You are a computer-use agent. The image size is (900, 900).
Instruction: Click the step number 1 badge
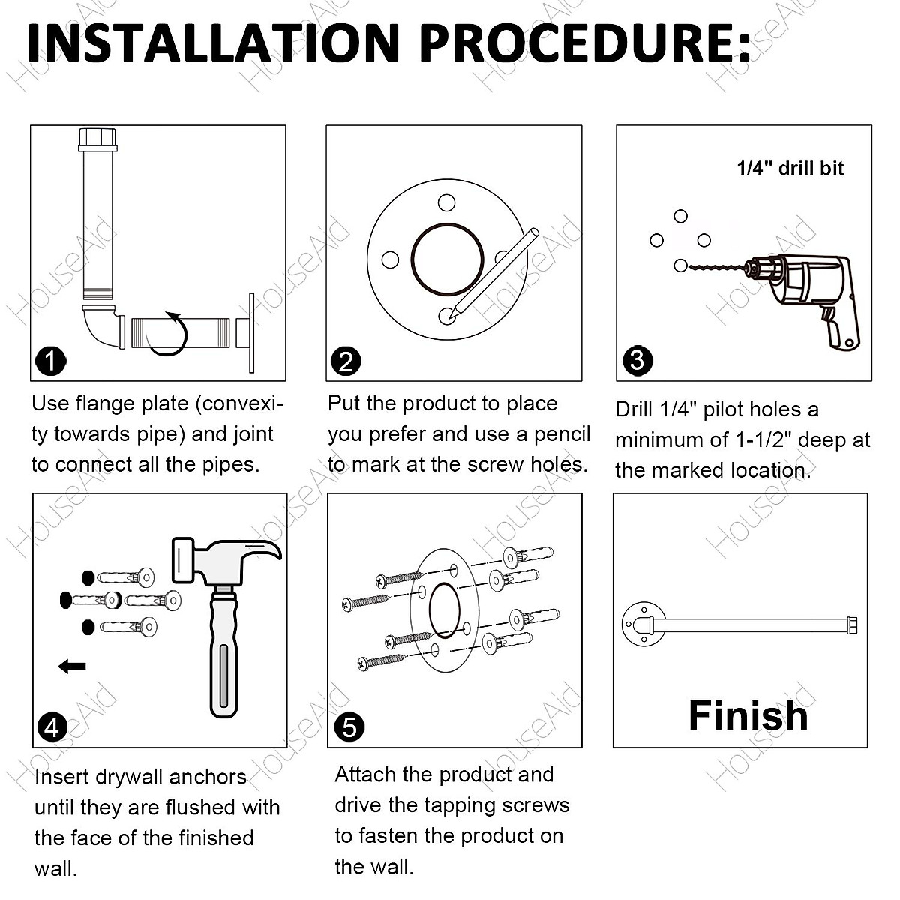[51, 361]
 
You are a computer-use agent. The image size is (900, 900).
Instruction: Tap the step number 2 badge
[346, 361]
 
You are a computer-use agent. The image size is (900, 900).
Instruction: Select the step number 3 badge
[637, 360]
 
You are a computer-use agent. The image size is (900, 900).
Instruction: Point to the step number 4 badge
[52, 727]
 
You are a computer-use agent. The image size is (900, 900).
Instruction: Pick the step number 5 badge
[349, 727]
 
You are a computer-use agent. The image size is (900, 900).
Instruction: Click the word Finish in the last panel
[748, 715]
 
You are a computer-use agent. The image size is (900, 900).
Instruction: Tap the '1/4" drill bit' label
[790, 168]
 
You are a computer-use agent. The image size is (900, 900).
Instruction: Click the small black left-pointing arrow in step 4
[72, 666]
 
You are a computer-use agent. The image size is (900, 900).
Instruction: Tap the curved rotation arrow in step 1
[171, 334]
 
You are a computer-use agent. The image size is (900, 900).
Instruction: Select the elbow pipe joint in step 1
[103, 325]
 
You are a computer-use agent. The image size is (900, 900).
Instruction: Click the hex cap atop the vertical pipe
[97, 139]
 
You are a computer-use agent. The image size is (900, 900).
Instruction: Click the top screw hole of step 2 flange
[446, 202]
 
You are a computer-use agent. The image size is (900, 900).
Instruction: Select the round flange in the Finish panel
[643, 625]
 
